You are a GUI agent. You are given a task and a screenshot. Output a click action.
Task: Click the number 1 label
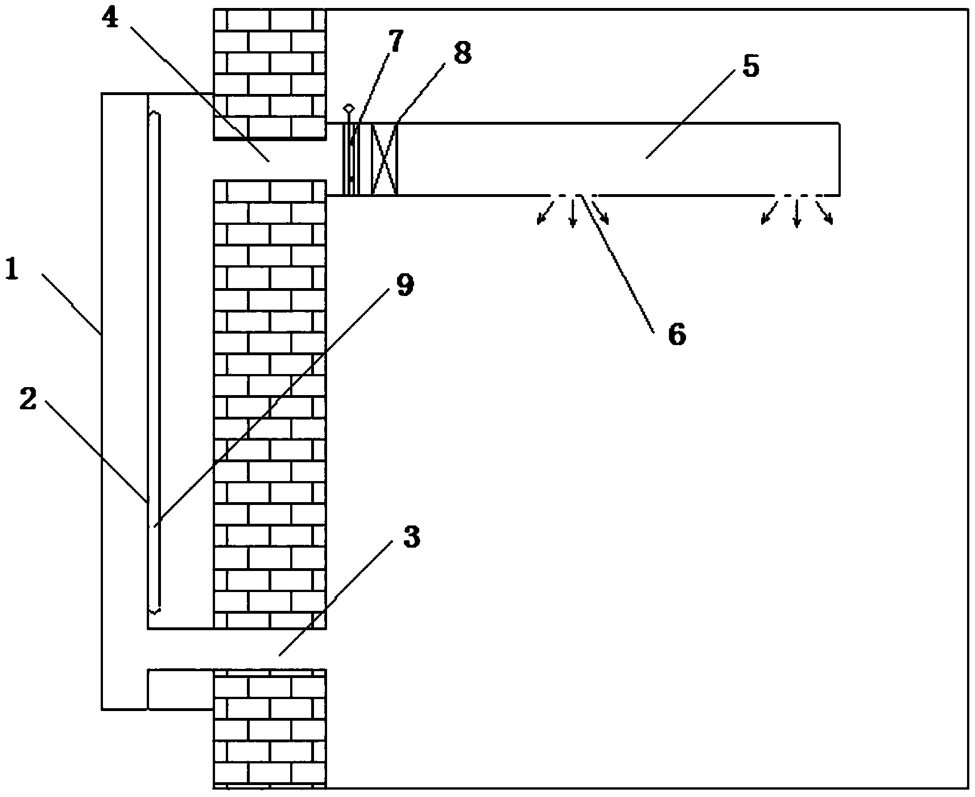[x=13, y=269]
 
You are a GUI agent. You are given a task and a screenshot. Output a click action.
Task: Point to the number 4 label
[x=112, y=19]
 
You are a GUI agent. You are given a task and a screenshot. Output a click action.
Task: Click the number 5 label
[x=750, y=67]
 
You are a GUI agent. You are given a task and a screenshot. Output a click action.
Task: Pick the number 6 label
[x=677, y=334]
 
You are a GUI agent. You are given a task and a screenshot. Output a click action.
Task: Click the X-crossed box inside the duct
[x=385, y=159]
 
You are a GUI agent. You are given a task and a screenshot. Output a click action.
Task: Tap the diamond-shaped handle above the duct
[x=349, y=108]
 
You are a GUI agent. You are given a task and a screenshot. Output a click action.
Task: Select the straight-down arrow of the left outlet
[x=573, y=212]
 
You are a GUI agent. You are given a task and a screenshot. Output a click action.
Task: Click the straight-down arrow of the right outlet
[x=797, y=212]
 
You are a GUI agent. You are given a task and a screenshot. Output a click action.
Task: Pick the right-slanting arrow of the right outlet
[x=824, y=211]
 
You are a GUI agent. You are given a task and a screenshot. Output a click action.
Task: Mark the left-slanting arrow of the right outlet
[x=769, y=211]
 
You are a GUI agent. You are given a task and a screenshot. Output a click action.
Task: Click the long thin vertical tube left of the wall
[x=154, y=363]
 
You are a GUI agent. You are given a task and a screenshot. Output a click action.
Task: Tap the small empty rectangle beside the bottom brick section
[x=180, y=689]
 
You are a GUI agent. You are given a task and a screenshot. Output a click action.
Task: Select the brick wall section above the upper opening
[x=270, y=74]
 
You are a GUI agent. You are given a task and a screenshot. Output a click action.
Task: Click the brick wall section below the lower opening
[x=270, y=729]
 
